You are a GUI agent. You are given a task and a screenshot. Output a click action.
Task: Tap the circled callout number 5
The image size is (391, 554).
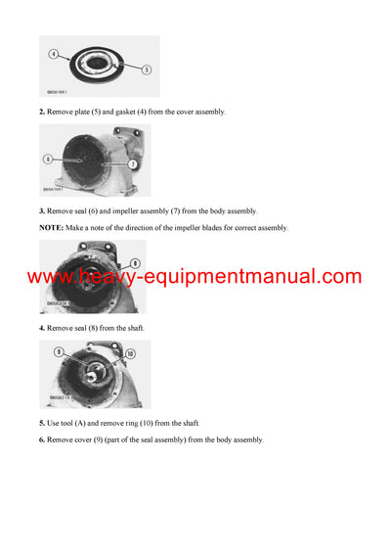click(146, 69)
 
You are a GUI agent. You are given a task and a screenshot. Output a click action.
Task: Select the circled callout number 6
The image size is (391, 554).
click(48, 158)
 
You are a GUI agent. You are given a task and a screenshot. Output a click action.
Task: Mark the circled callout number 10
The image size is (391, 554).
click(129, 353)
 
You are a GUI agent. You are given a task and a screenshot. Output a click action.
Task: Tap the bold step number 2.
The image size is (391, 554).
click(42, 113)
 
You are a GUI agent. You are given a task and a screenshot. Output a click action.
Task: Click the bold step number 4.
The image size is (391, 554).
click(42, 328)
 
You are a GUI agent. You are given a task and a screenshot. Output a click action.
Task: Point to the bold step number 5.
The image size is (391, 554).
click(42, 423)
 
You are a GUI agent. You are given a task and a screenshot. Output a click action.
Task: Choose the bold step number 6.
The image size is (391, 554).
click(42, 440)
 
